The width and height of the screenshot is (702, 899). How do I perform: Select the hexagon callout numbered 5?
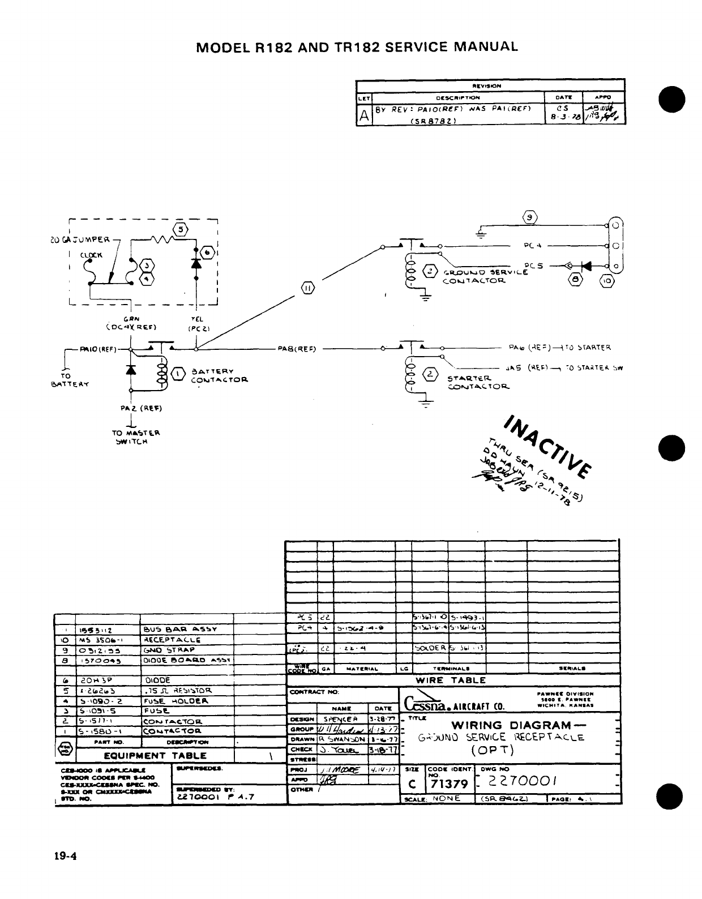(181, 229)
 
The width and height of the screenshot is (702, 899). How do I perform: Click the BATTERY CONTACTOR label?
(213, 376)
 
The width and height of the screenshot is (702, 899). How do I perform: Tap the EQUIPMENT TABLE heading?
(163, 755)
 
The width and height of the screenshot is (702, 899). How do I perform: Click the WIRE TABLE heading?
(451, 680)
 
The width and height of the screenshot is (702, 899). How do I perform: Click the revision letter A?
(364, 115)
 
